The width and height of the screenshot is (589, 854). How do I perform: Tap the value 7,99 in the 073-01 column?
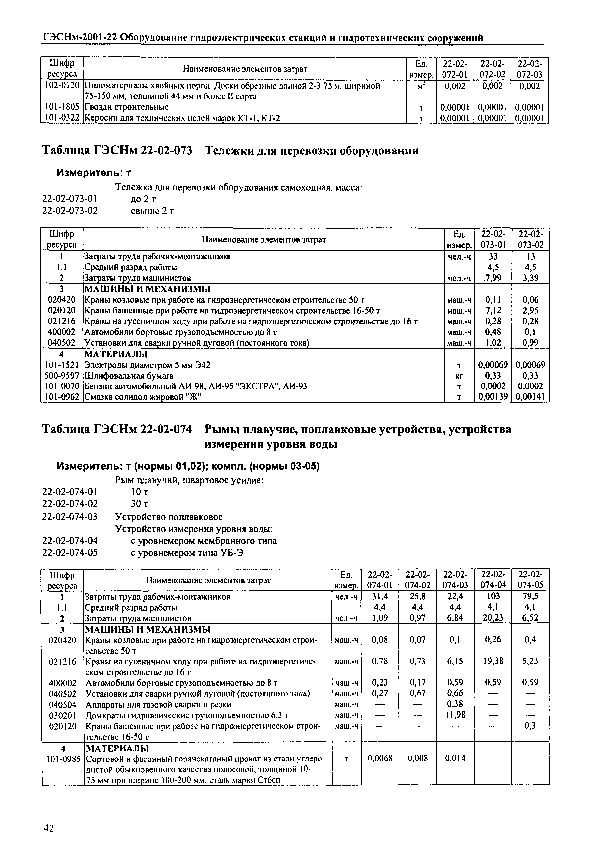pyautogui.click(x=493, y=278)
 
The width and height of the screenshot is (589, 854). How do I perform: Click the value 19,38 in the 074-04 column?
pyautogui.click(x=493, y=660)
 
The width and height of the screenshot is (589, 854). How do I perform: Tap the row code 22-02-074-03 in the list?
pyautogui.click(x=70, y=516)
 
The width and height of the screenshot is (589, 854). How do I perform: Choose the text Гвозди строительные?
pyautogui.click(x=127, y=107)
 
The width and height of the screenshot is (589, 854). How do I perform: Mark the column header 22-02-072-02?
pyautogui.click(x=492, y=69)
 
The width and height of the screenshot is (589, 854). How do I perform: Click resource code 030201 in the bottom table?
pyautogui.click(x=62, y=715)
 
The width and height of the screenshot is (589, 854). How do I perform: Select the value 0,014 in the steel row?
pyautogui.click(x=455, y=758)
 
